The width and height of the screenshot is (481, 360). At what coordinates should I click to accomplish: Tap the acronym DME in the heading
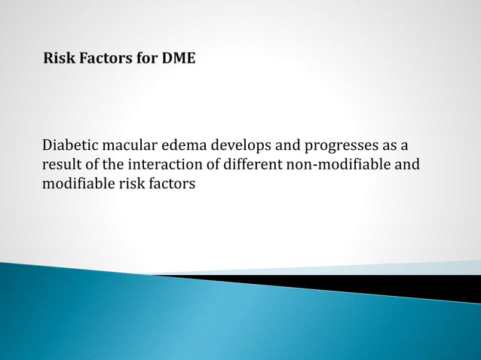(178, 58)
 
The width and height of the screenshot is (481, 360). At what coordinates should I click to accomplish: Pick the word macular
(133, 145)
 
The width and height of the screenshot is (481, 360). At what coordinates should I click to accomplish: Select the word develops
(246, 145)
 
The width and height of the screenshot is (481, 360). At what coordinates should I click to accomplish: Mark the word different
(251, 164)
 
